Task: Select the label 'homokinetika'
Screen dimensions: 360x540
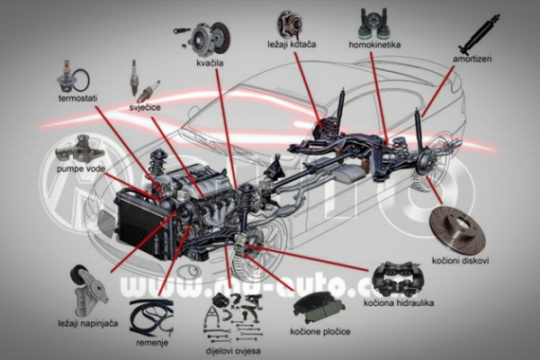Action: (x=375, y=44)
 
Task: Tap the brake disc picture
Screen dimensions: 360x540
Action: (x=457, y=229)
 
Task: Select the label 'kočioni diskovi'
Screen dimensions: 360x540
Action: (x=460, y=261)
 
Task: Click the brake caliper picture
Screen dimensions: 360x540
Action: (x=396, y=279)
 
